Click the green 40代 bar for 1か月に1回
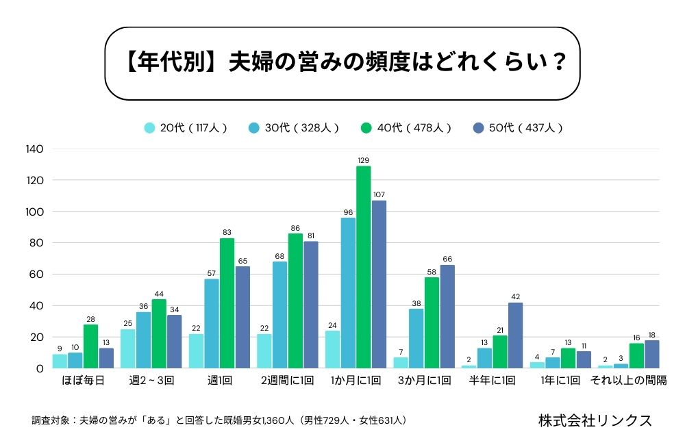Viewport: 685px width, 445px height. point(364,267)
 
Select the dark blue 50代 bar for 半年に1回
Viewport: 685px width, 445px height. point(515,335)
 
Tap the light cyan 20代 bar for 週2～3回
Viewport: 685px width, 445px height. point(128,348)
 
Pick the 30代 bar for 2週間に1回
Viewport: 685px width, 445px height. point(280,315)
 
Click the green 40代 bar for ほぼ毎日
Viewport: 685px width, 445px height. point(91,346)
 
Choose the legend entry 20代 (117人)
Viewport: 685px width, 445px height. point(185,127)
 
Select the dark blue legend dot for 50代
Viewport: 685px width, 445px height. point(479,127)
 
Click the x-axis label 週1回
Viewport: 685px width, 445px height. point(219,381)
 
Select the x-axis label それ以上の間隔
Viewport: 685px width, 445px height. point(628,381)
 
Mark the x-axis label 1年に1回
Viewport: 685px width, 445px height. point(560,381)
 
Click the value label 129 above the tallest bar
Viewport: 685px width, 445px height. point(364,160)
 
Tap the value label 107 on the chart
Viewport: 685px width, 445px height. point(379,194)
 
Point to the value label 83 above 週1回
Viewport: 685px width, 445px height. point(227,232)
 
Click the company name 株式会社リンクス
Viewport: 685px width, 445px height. point(595,420)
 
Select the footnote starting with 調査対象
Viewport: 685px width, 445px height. point(219,420)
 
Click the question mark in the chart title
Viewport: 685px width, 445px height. point(558,62)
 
